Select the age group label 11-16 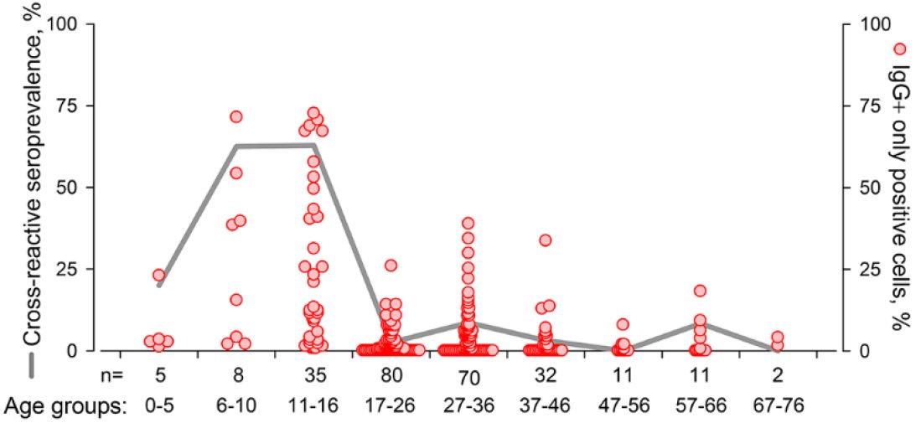pos(313,406)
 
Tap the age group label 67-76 pos(778,406)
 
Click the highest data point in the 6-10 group pos(236,116)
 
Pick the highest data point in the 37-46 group pos(545,240)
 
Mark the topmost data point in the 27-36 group pos(468,223)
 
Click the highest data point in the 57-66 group pos(700,291)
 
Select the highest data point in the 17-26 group pos(391,266)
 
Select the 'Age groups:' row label pos(65,406)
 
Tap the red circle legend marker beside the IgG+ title pos(900,49)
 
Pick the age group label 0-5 pos(159,406)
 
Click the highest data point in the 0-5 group pos(159,275)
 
